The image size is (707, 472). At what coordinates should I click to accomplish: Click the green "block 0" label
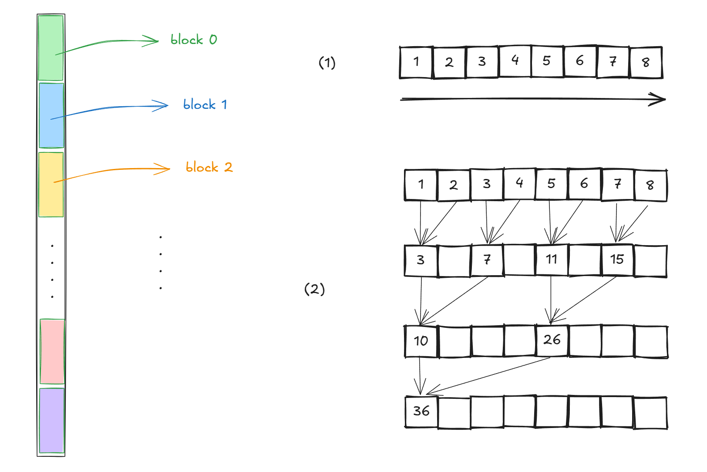[194, 40]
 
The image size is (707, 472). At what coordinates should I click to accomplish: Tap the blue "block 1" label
[205, 105]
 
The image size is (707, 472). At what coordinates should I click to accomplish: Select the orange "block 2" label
[209, 167]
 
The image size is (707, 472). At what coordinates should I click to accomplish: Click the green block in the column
[51, 48]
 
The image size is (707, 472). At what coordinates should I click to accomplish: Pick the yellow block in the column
[51, 185]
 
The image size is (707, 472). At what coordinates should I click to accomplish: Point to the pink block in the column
[52, 351]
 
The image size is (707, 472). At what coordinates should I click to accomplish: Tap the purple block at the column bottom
[52, 421]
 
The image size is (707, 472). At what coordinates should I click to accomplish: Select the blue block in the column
[51, 116]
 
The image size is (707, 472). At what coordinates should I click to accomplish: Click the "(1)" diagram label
[327, 63]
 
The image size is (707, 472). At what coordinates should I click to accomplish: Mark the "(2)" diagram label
[314, 289]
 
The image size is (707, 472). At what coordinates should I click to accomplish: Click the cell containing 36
[421, 411]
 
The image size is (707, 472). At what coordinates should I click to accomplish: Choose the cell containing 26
[552, 340]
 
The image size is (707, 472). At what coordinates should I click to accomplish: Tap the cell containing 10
[421, 341]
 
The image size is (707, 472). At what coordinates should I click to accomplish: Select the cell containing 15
[617, 260]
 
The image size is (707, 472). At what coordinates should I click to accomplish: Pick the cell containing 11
[552, 260]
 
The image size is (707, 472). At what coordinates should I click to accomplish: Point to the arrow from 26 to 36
[488, 376]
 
